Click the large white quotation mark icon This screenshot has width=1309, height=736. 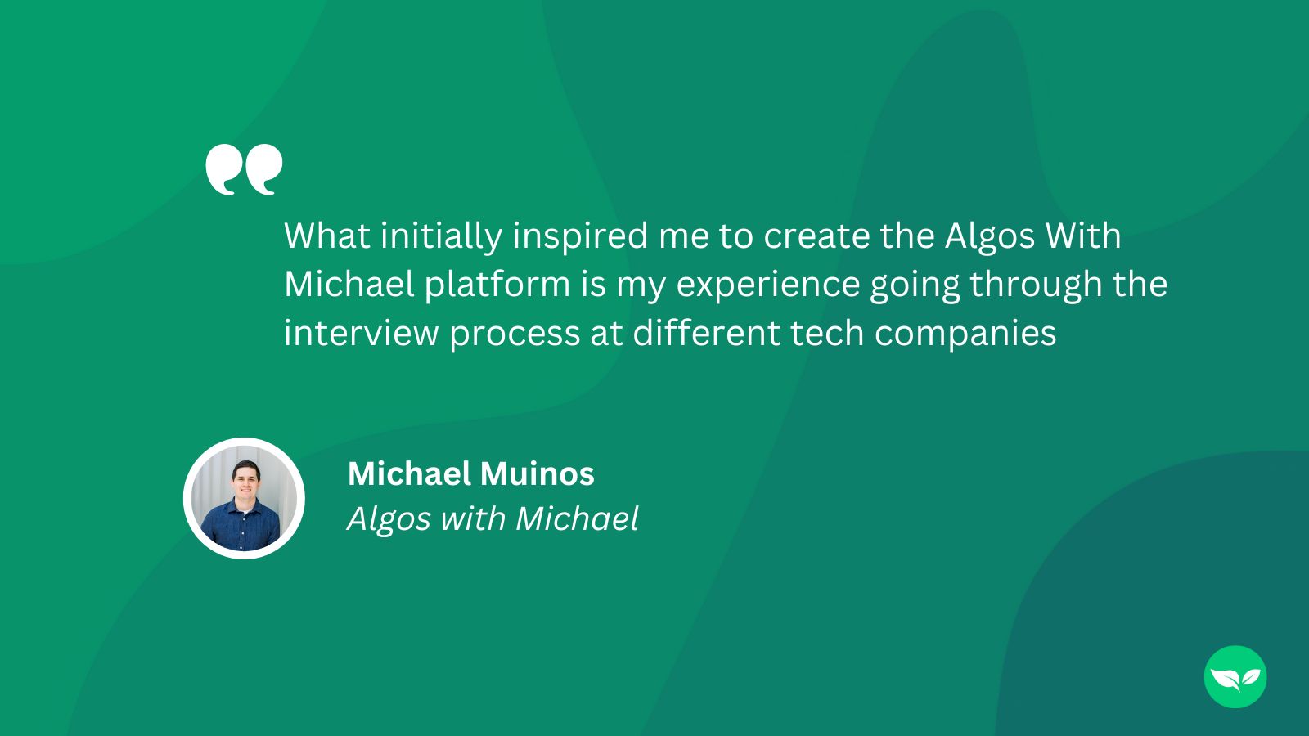pyautogui.click(x=244, y=170)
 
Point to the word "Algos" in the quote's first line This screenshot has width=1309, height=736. pyautogui.click(x=990, y=237)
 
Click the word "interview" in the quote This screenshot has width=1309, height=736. pyautogui.click(x=361, y=334)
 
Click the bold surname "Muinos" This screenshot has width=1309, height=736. pyautogui.click(x=537, y=473)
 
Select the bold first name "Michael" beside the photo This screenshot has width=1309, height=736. pyautogui.click(x=409, y=473)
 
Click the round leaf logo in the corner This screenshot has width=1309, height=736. pyautogui.click(x=1235, y=677)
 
